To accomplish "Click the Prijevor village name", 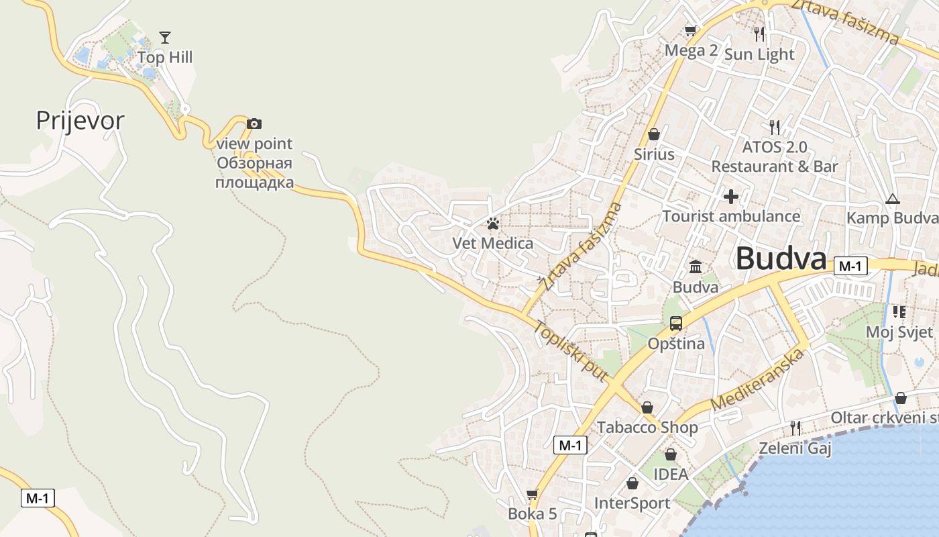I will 80,121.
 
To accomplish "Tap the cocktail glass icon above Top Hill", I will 165,37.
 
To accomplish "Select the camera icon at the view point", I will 254,124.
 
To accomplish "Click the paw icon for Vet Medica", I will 493,224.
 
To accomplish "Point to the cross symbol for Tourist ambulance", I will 731,197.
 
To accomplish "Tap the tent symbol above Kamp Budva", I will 892,199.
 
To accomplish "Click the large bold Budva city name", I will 781,259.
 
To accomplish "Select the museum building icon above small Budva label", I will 696,267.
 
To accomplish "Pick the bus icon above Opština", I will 676,324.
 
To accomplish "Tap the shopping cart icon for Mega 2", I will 690,30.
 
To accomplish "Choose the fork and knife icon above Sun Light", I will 759,34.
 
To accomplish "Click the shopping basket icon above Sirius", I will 654,134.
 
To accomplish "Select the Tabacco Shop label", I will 647,428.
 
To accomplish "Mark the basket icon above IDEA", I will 671,454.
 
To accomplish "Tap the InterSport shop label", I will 632,503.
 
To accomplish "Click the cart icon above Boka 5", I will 533,495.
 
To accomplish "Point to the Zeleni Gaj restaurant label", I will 795,448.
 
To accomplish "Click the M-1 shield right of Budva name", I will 850,266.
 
